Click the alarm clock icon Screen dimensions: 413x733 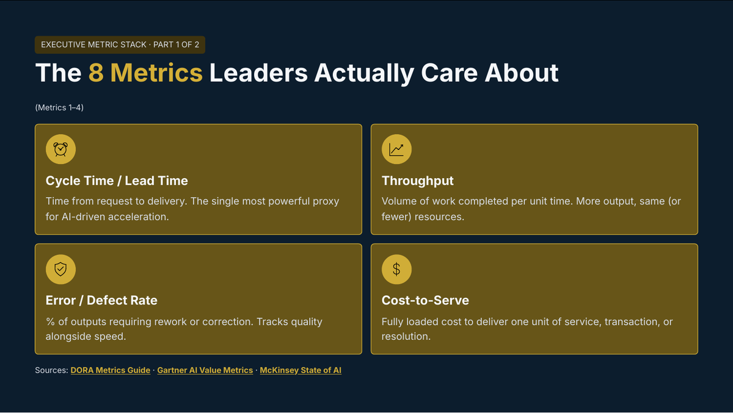point(60,149)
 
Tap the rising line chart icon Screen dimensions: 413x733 point(396,149)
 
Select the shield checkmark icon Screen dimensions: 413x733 point(60,269)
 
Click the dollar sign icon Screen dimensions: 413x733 point(396,269)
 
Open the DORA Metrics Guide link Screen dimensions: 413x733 point(111,370)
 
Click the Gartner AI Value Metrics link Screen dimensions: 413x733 point(205,370)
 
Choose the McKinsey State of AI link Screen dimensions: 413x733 point(301,370)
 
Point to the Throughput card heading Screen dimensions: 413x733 point(418,181)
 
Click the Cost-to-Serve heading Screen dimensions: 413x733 point(425,300)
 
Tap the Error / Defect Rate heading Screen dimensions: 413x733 point(101,300)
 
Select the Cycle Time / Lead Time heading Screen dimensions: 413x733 point(117,181)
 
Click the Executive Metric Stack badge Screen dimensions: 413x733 point(120,45)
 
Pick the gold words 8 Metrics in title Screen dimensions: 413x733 point(145,73)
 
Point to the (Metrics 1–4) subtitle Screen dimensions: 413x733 point(59,108)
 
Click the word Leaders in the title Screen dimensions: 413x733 point(258,73)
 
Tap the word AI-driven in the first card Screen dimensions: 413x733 point(75,217)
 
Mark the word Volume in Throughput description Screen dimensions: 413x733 point(399,201)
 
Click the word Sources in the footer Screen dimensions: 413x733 point(51,370)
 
